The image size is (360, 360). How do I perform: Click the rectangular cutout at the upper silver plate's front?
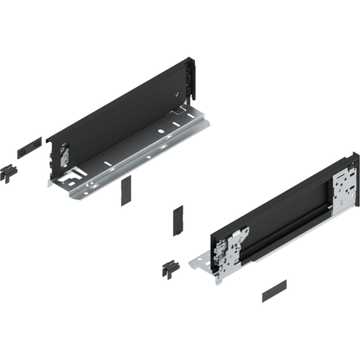(x=70, y=178)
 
